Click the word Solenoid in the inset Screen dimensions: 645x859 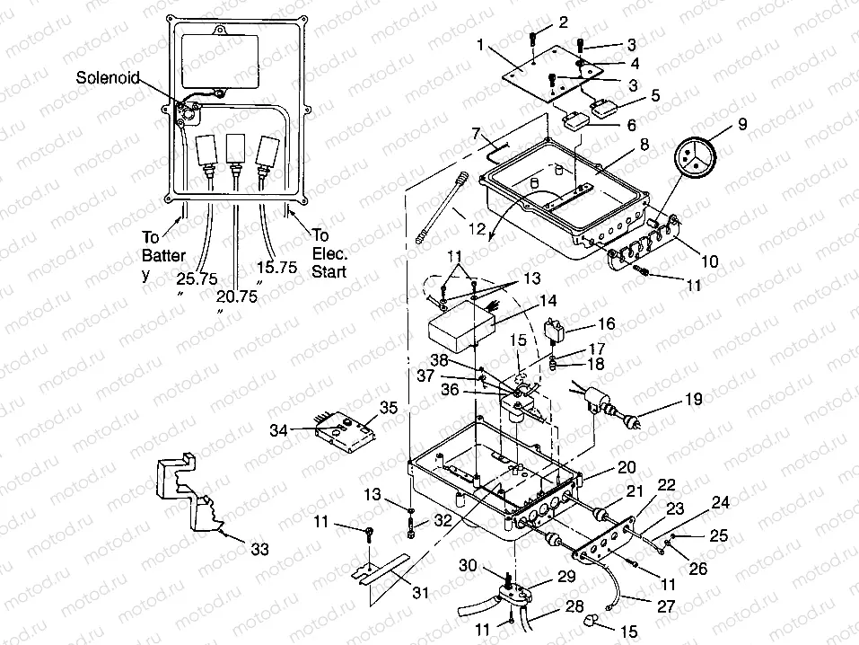pos(108,78)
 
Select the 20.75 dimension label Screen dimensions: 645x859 pos(238,296)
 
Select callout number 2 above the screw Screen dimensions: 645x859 pos(563,21)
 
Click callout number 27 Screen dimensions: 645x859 pos(665,607)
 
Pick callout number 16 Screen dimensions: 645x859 pos(606,324)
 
